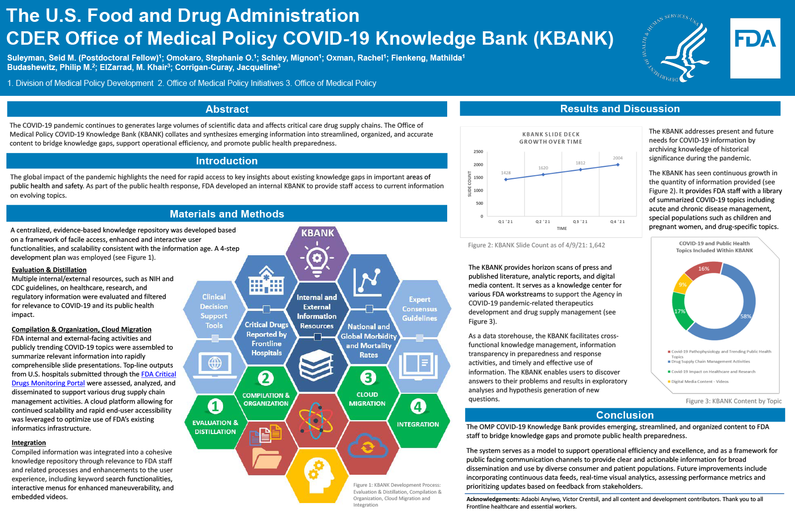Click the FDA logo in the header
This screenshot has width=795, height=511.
point(755,48)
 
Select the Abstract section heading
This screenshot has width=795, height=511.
point(227,109)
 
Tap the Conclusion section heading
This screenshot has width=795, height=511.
point(625,415)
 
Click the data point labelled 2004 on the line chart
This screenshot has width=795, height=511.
point(618,164)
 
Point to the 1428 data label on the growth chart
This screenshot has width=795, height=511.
point(506,173)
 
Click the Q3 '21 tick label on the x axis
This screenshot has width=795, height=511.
point(580,221)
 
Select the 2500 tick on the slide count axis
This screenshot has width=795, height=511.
point(478,151)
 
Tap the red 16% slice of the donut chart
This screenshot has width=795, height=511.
point(703,270)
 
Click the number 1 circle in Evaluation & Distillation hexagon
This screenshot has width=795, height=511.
point(215,406)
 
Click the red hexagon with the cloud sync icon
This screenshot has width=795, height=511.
point(367,445)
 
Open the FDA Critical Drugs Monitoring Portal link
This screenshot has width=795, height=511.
point(159,374)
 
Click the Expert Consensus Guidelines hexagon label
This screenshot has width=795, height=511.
point(419,309)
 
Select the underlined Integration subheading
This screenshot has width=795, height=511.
point(29,443)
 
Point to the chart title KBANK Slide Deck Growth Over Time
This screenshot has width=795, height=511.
point(551,138)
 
